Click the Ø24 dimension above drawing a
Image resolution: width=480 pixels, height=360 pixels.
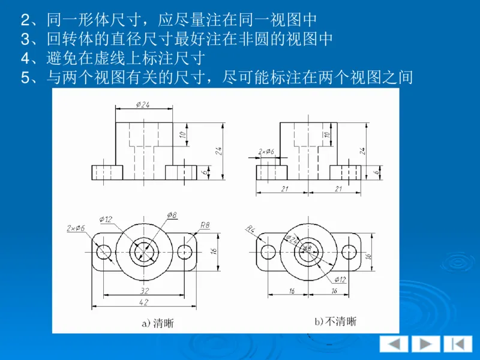coord(143,104)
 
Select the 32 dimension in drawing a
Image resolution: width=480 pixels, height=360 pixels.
coord(144,290)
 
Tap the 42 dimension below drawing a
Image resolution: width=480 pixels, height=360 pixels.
coord(144,303)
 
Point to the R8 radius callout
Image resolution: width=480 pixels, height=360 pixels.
coord(205,225)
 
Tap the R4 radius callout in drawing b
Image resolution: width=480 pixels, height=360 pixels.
coord(251,229)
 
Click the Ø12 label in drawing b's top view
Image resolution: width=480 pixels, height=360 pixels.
coord(340,279)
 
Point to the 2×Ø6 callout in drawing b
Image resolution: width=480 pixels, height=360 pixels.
coord(266,152)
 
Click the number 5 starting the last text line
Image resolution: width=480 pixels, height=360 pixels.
coord(25,77)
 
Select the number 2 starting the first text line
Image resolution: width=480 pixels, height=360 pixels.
coord(25,21)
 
